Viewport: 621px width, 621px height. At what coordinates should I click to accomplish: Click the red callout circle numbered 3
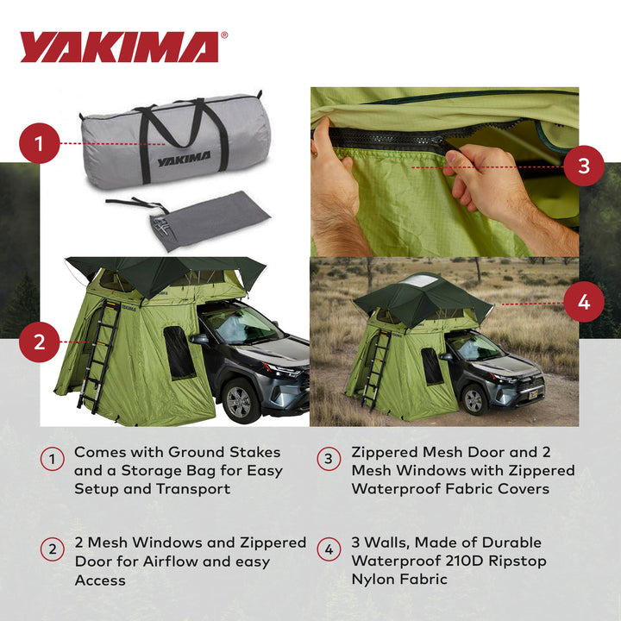tap(584, 166)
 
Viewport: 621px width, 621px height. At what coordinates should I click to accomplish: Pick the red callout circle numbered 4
tap(584, 303)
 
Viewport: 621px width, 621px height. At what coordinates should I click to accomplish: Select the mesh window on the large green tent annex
tap(180, 354)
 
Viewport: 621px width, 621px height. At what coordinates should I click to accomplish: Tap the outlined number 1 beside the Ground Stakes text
tap(52, 461)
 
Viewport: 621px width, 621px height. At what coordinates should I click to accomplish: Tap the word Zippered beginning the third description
tap(387, 451)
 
